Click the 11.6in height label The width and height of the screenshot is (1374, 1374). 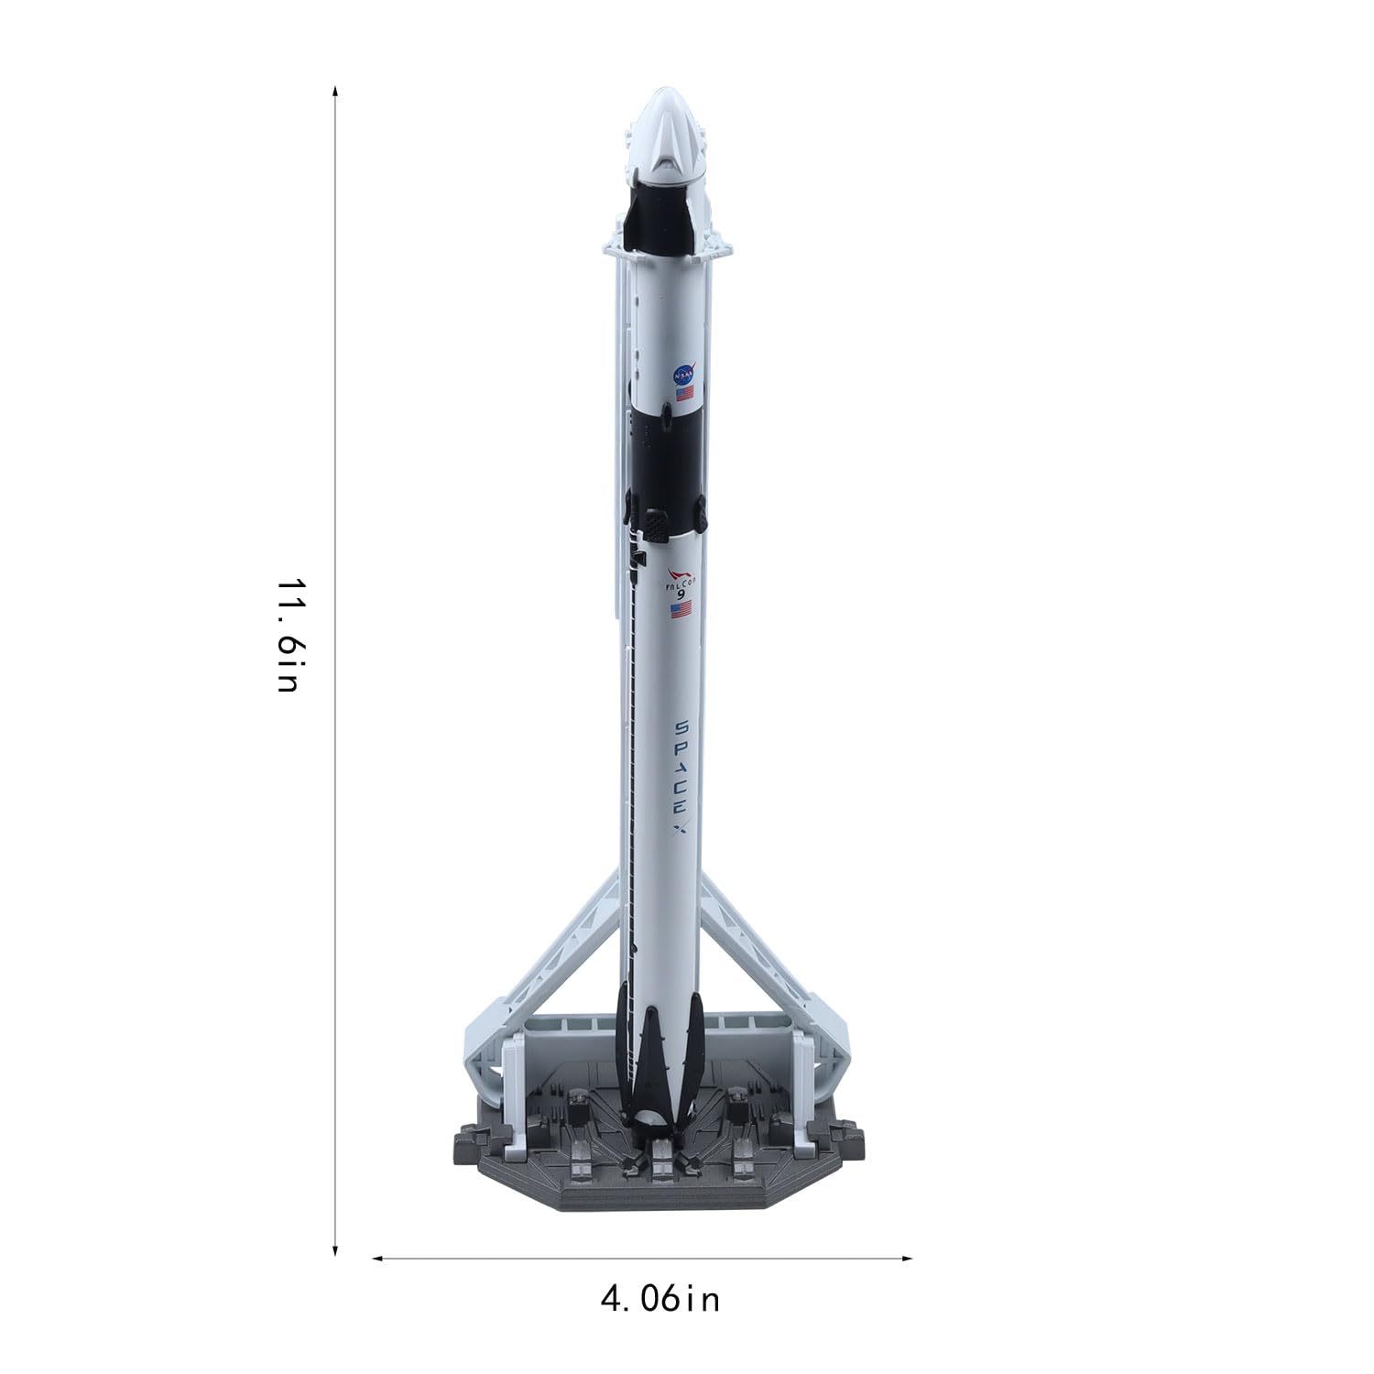[x=288, y=634]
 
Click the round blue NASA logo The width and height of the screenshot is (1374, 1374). [x=684, y=375]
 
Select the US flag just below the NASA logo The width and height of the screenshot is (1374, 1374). [x=684, y=394]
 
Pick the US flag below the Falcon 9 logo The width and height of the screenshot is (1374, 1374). [x=681, y=609]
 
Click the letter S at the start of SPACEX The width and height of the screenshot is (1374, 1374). [x=682, y=726]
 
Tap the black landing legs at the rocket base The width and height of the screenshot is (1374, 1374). [x=661, y=1063]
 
